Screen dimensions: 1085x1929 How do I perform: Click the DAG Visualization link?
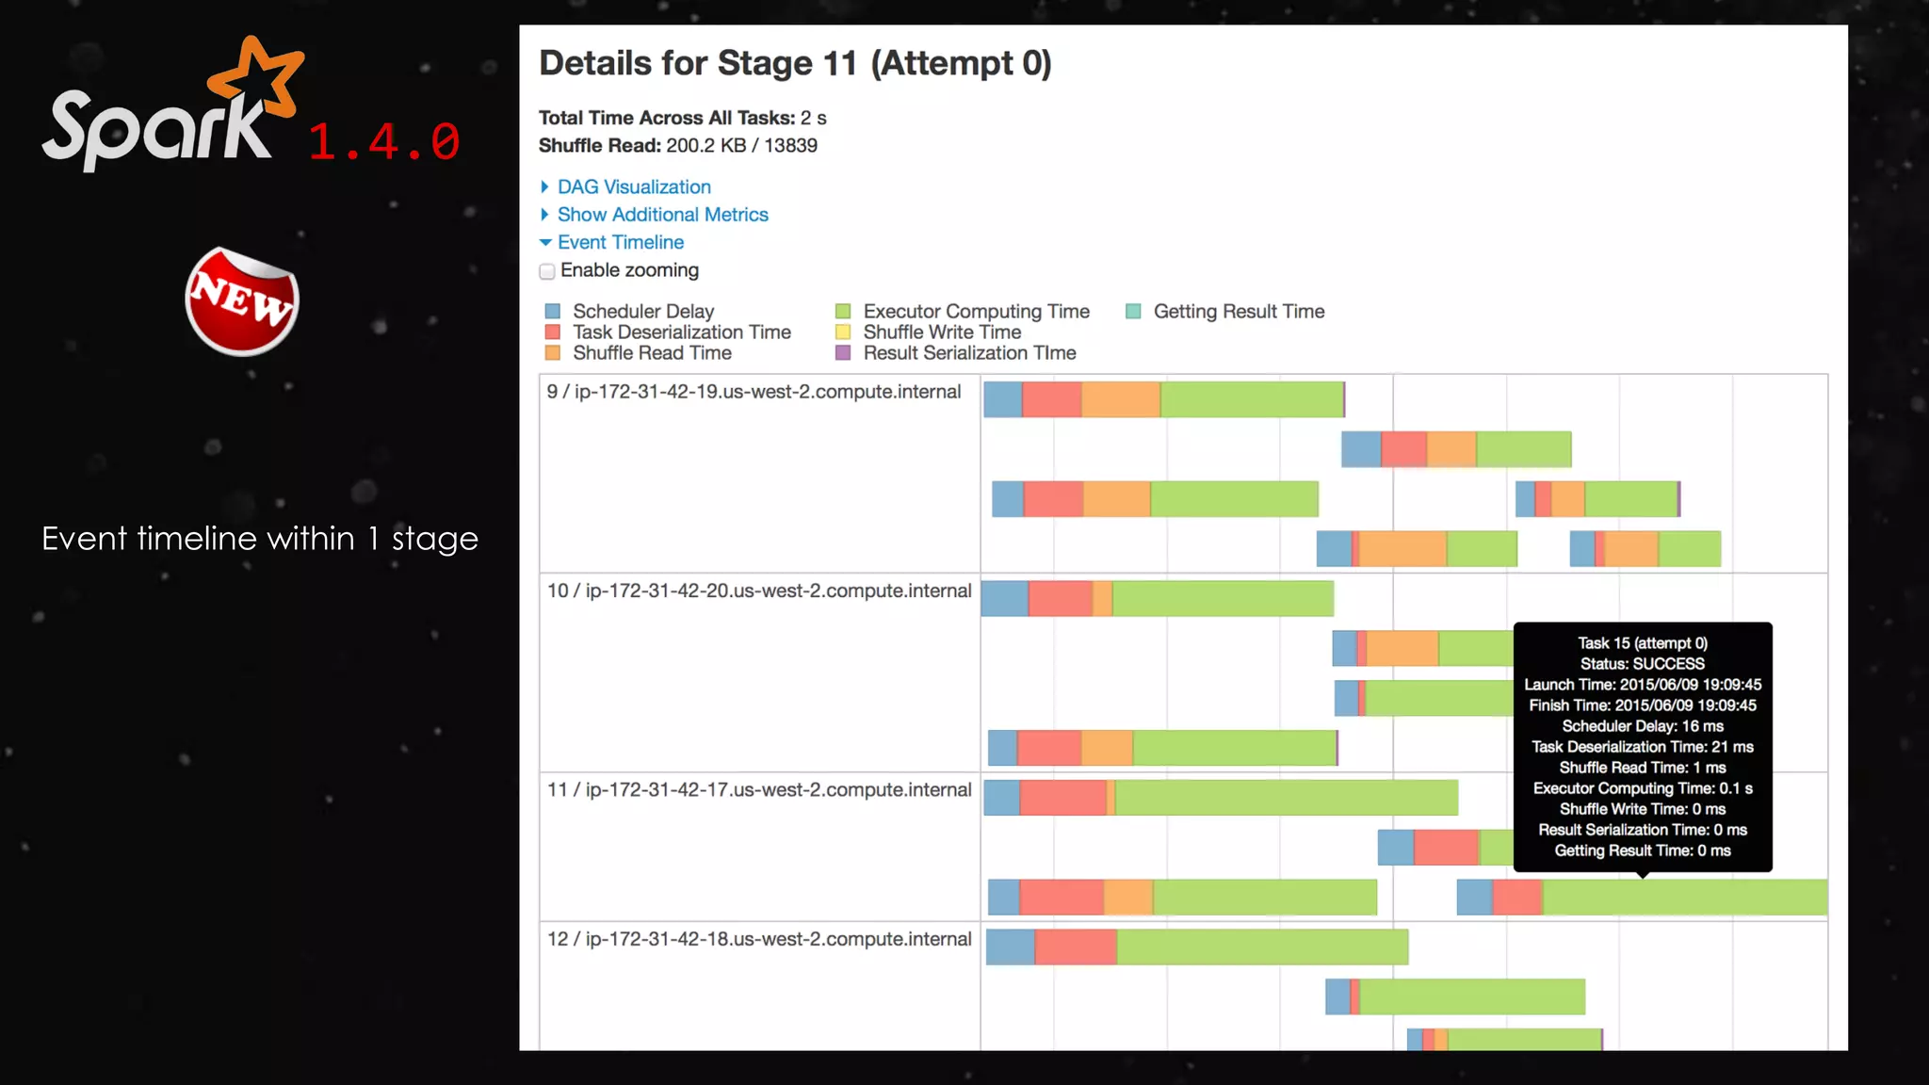point(633,187)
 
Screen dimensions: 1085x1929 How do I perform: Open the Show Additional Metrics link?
point(662,215)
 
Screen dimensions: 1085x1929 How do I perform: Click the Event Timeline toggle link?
point(620,243)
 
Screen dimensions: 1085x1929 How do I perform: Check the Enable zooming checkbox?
point(547,272)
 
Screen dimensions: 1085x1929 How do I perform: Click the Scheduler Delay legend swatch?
point(553,312)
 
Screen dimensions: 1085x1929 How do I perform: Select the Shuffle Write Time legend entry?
point(941,332)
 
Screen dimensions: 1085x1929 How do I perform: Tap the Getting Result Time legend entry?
point(1238,312)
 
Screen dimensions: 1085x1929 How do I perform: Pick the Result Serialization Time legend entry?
point(968,353)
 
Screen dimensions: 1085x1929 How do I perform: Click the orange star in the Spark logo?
point(256,75)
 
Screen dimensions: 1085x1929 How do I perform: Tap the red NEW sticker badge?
point(242,301)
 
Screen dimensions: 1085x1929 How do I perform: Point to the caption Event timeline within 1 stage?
point(260,539)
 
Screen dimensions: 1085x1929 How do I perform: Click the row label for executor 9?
point(754,392)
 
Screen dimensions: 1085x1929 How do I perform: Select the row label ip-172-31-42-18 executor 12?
point(759,940)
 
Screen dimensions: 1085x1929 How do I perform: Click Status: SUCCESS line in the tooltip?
point(1642,664)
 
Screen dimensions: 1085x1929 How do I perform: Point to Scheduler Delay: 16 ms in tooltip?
point(1642,726)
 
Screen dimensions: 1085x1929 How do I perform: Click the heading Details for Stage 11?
point(794,64)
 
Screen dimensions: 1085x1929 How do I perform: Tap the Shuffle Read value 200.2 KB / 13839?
point(741,146)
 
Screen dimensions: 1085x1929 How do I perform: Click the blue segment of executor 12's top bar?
point(1010,947)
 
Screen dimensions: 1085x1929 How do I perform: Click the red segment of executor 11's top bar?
point(1062,798)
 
